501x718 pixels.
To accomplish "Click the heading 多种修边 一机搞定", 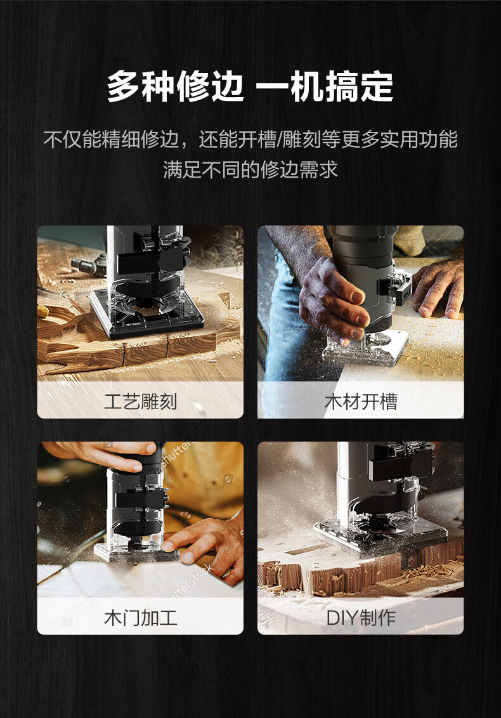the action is [250, 86].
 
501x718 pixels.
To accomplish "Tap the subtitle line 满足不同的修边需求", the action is [251, 169].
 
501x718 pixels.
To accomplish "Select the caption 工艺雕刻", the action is [141, 401].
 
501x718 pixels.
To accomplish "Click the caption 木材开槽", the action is [361, 401].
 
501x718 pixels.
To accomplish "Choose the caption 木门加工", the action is [141, 617].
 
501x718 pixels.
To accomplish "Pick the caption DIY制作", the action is [361, 617].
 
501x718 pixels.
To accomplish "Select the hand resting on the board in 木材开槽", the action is [438, 289].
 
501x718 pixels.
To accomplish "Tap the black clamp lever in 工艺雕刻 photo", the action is [151, 259].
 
